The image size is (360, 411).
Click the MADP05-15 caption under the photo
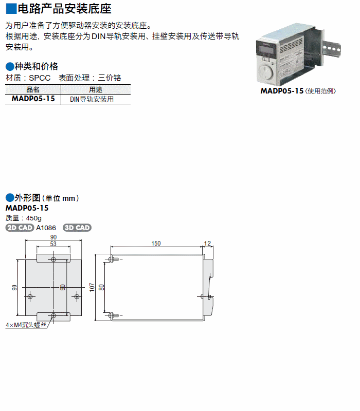tap(281, 91)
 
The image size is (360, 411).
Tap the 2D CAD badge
tap(20, 228)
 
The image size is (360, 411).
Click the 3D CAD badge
tap(77, 228)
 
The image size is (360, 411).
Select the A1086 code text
tap(46, 228)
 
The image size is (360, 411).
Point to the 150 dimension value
tap(156, 243)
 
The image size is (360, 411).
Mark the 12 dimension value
tap(208, 243)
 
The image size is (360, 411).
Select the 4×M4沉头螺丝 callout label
tap(26, 325)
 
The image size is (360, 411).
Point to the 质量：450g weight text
tap(23, 218)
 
